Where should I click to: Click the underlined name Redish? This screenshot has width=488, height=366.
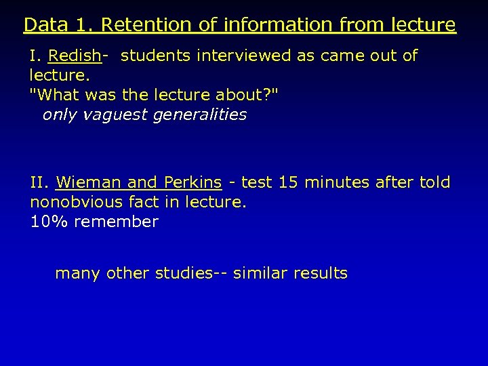[x=75, y=56]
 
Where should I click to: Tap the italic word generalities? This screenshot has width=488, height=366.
[x=200, y=115]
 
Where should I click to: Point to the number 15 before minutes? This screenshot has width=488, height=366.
[x=285, y=182]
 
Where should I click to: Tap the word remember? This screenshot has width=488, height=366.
[x=116, y=222]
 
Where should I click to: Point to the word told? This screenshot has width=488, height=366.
[x=434, y=182]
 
